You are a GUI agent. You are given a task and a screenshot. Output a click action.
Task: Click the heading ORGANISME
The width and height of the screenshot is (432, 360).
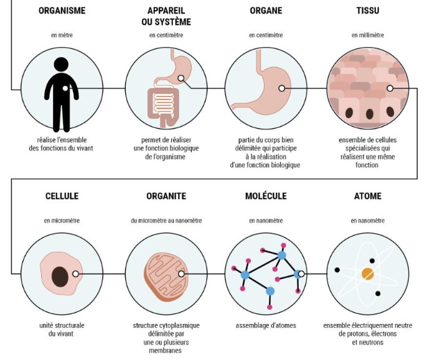coord(62,11)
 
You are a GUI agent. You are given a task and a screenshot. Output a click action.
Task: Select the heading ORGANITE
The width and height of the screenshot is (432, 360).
coord(166,196)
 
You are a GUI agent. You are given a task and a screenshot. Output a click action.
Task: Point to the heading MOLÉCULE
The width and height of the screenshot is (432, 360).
coord(266,196)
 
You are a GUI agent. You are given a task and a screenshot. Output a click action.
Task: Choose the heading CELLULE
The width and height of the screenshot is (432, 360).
coord(62,196)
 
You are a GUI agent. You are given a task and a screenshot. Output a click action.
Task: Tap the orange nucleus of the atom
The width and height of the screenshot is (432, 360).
coord(368,273)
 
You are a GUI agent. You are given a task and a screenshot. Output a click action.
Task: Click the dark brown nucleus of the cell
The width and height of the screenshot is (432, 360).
coord(60,274)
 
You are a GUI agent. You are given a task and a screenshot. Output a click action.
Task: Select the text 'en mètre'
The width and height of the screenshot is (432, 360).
coord(62,35)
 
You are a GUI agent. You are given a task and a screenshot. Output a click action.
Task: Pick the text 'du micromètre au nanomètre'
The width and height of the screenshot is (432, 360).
coord(166,220)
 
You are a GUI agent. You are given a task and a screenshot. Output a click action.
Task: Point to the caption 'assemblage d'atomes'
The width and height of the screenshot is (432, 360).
coord(266,325)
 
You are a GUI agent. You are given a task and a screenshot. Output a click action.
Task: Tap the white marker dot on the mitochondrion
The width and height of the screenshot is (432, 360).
coord(182,274)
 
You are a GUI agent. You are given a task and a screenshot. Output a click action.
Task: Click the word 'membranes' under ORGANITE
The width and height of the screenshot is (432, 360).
coord(166,350)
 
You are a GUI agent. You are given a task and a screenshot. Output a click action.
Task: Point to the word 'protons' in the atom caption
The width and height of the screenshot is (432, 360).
coord(354,334)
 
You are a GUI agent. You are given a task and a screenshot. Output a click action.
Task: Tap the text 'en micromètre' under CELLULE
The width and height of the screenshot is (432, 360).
coord(62,220)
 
